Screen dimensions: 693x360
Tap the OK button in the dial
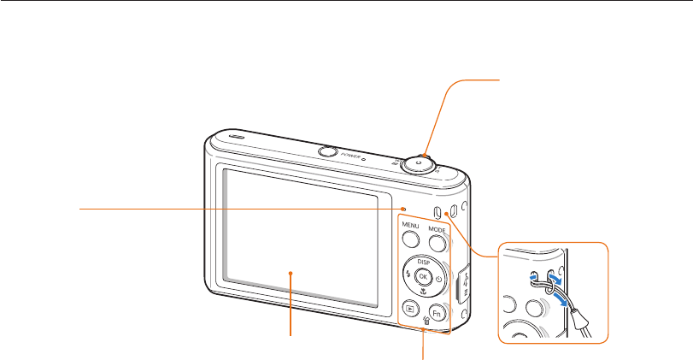[x=421, y=276]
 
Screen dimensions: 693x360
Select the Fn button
[x=436, y=313]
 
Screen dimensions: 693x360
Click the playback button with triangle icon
[x=410, y=310]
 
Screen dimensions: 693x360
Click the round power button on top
[x=326, y=152]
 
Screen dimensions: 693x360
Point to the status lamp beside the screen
[x=402, y=208]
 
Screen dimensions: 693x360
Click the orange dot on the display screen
[x=292, y=273]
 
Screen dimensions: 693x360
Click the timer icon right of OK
[x=438, y=277]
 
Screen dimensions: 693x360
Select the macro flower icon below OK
[x=422, y=292]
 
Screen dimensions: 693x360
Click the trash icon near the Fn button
[x=426, y=320]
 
